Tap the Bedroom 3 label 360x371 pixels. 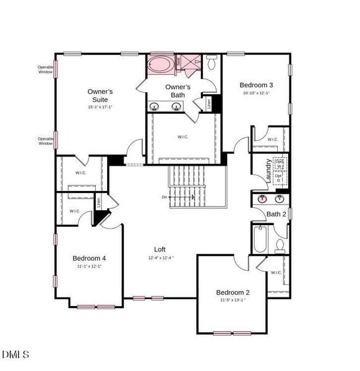pos(256,85)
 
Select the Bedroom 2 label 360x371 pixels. pos(233,292)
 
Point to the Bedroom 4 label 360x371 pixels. pos(89,258)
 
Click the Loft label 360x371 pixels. pos(160,249)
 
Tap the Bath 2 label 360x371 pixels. pos(276,215)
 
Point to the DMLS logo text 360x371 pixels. pos(15,354)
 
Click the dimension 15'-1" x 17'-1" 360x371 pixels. pos(100,107)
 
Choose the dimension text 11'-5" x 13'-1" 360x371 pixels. pos(233,300)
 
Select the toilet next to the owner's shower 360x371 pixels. pos(212,62)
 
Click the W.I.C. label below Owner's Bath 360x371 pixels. pos(183,137)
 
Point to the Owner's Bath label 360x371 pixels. pos(178,90)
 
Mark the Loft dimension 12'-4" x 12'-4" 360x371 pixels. pos(161,258)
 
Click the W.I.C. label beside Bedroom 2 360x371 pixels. pos(276,272)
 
